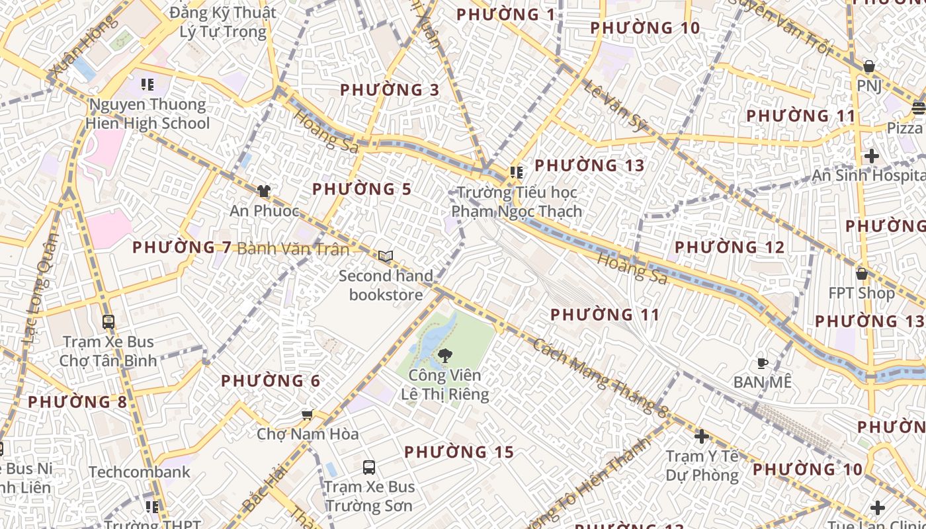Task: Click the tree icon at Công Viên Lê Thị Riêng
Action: tap(444, 356)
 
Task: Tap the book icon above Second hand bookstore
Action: tap(386, 256)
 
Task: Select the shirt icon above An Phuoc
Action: tap(264, 191)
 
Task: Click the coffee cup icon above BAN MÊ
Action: tap(762, 362)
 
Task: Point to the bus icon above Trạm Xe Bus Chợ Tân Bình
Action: tap(108, 322)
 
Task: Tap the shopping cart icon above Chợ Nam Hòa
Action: tap(307, 415)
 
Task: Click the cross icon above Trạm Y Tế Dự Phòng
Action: tap(702, 436)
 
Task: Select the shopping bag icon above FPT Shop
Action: tap(861, 273)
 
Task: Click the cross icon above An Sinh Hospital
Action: tap(871, 156)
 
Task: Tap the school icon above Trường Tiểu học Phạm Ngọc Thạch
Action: tap(517, 173)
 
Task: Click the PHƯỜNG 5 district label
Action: tap(362, 189)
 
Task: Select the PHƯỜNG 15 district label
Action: tap(459, 452)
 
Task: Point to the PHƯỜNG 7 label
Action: tap(182, 247)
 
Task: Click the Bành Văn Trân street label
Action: tap(293, 249)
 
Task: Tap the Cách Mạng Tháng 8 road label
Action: tap(601, 378)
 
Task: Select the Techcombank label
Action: tap(140, 472)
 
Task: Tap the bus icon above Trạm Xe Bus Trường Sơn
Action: tap(369, 468)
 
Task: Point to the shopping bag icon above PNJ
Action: tap(869, 67)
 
